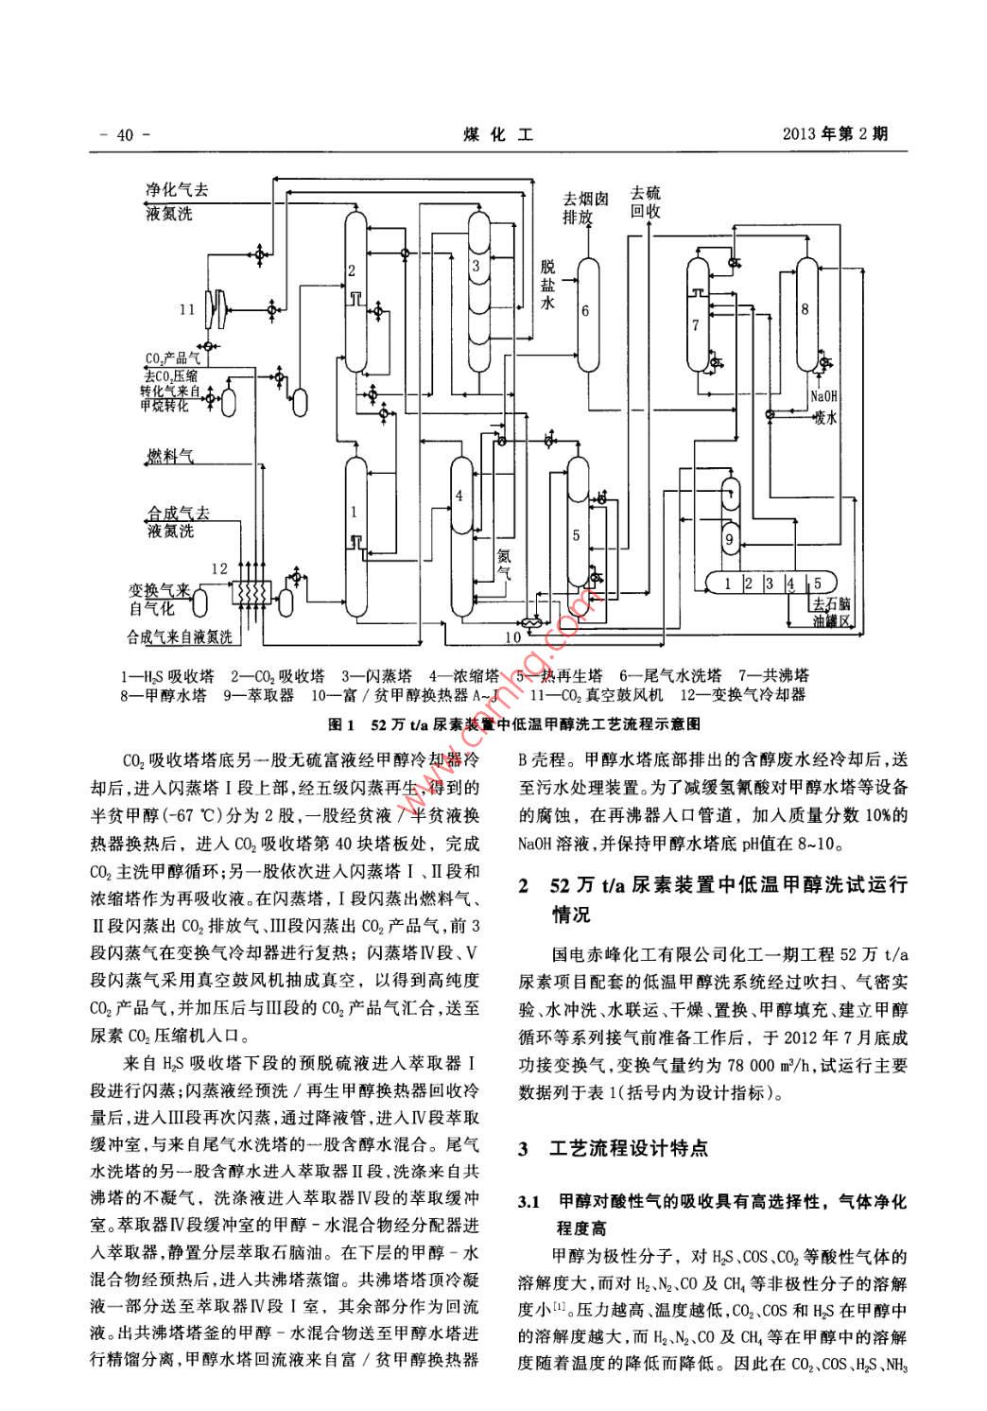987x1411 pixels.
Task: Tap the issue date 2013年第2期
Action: (836, 134)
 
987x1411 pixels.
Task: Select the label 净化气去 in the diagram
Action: (177, 189)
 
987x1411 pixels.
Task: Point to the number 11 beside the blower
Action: (187, 308)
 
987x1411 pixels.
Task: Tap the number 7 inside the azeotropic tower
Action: (696, 326)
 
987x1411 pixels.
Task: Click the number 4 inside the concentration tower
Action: (459, 495)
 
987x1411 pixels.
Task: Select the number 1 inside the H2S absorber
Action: (354, 512)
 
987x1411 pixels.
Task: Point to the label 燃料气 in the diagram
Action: (170, 457)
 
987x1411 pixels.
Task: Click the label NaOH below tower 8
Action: (824, 397)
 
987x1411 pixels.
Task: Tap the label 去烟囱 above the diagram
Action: (586, 199)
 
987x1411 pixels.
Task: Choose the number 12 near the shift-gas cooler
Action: (219, 568)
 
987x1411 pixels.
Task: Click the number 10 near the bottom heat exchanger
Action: (511, 637)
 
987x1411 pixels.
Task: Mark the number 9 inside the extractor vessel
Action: (729, 537)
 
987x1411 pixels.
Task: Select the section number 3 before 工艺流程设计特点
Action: (524, 1149)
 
